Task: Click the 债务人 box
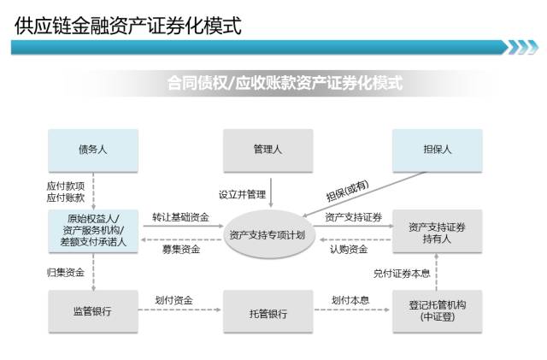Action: pos(92,149)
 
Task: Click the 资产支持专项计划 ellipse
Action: pos(268,233)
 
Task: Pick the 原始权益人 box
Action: pos(92,231)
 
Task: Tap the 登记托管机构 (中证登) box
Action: pos(438,311)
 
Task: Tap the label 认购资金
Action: pos(349,249)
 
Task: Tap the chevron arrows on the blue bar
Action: pos(523,47)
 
